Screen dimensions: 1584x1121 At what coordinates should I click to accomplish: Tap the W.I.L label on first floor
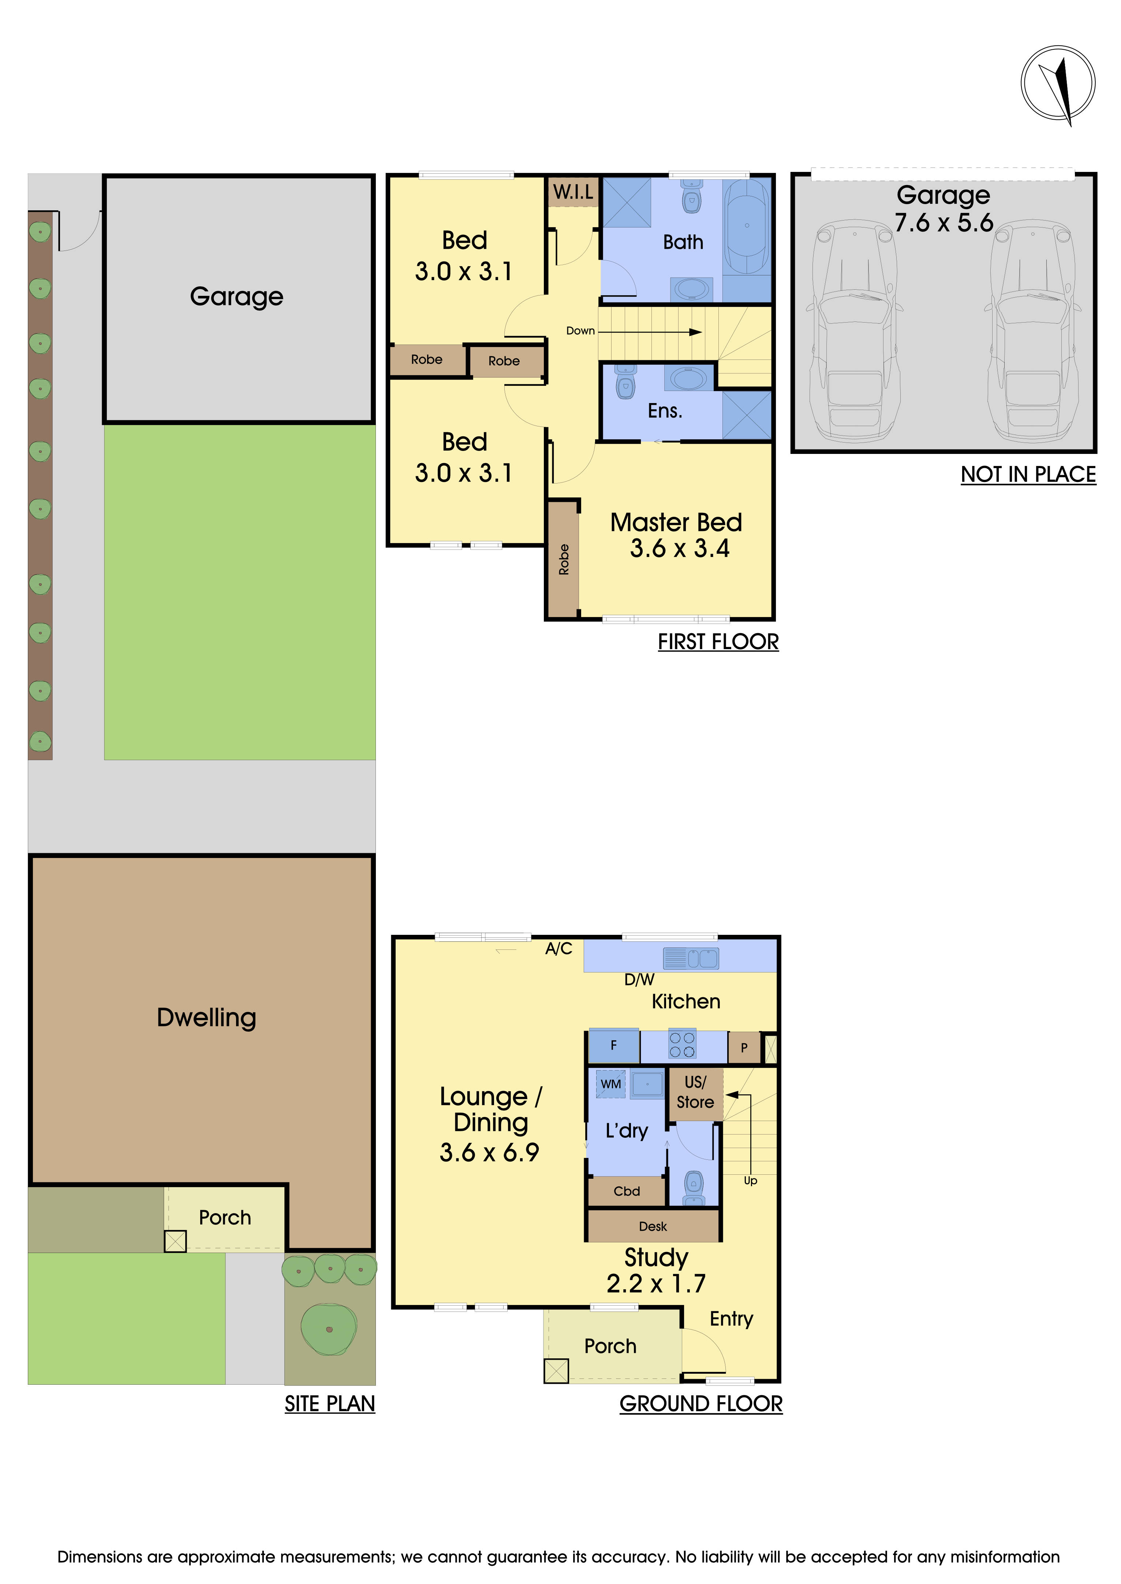point(573,192)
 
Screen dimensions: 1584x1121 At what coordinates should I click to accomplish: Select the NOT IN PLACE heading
point(1028,475)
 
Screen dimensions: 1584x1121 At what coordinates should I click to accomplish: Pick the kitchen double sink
point(690,958)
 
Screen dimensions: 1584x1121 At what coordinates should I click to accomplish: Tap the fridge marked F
point(613,1045)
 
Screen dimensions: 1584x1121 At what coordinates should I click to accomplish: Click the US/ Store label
point(695,1092)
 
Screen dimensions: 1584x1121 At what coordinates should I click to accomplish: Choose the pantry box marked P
point(744,1047)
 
